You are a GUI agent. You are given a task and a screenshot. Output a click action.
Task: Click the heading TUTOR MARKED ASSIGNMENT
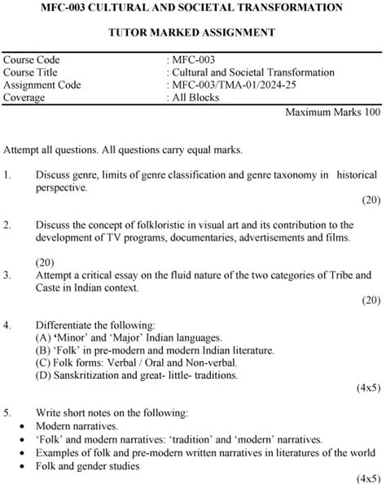click(193, 33)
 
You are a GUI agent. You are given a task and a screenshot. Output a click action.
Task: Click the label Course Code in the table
click(32, 60)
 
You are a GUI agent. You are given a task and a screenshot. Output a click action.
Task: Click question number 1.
click(7, 174)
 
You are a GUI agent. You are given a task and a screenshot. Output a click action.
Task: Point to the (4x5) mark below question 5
click(368, 477)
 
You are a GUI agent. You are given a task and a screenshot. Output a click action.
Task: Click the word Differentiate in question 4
click(68, 324)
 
